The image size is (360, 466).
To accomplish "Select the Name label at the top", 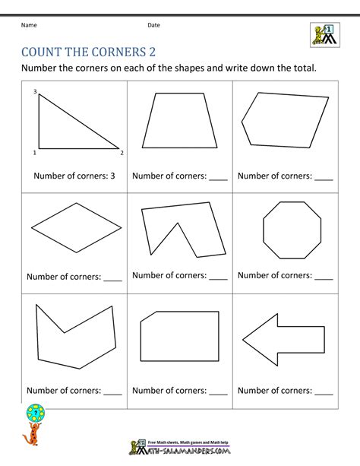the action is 29,25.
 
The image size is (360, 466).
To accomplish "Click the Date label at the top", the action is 153,25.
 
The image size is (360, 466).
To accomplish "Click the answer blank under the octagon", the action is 324,277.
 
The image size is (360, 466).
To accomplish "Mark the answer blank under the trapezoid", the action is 218,176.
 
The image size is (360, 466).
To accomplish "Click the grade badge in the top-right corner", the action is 324,34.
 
